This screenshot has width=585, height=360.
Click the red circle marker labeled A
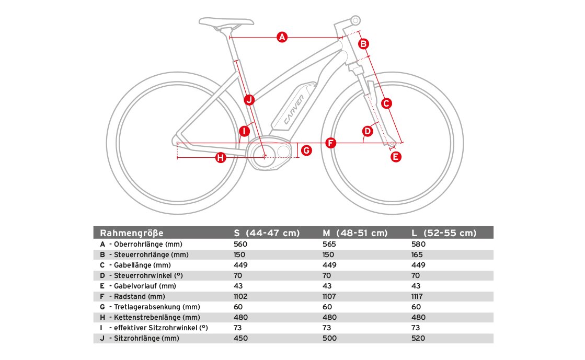[x=282, y=37]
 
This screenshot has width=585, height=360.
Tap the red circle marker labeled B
[x=364, y=44]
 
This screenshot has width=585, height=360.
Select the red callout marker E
[x=396, y=156]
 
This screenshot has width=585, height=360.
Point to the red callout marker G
[x=307, y=150]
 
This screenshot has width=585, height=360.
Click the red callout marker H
[x=221, y=157]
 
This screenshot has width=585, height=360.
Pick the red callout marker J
[x=249, y=99]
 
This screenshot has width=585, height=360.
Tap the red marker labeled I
[x=244, y=131]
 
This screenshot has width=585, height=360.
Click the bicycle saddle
[x=226, y=22]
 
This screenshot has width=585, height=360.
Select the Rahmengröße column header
[x=132, y=233]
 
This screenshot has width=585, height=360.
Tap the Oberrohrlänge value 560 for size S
[x=240, y=244]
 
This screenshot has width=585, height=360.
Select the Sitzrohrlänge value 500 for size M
[x=329, y=338]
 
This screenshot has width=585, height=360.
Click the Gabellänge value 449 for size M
[x=329, y=265]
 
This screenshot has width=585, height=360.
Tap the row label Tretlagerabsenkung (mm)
[x=157, y=307]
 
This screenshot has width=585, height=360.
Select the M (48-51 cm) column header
[x=355, y=233]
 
